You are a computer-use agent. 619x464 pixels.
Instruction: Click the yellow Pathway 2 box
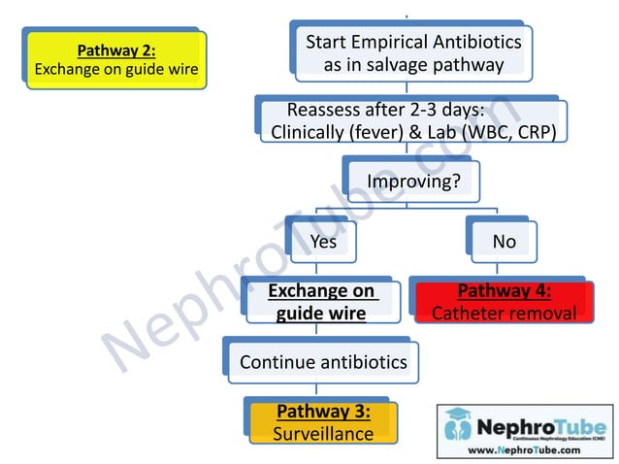tap(116, 59)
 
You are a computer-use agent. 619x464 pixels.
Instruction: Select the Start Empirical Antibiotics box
tap(413, 52)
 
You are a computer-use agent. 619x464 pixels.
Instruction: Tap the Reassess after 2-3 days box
tap(413, 121)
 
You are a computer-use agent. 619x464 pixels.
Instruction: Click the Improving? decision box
tap(413, 181)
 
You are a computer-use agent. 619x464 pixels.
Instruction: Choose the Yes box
tap(322, 241)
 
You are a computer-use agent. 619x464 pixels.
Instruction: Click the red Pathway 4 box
tap(504, 301)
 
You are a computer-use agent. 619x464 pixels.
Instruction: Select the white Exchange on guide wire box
tap(321, 301)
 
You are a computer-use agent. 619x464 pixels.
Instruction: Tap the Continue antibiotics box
tap(323, 362)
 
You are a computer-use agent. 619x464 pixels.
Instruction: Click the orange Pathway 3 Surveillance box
tap(323, 422)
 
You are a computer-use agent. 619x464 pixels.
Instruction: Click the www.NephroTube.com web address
tap(525, 449)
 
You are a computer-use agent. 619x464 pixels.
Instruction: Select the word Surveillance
tap(323, 433)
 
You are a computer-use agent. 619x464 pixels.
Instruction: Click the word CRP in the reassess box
tap(536, 133)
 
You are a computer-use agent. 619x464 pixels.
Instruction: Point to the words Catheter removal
tap(504, 313)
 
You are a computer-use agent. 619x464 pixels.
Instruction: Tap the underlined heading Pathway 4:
tap(504, 290)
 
